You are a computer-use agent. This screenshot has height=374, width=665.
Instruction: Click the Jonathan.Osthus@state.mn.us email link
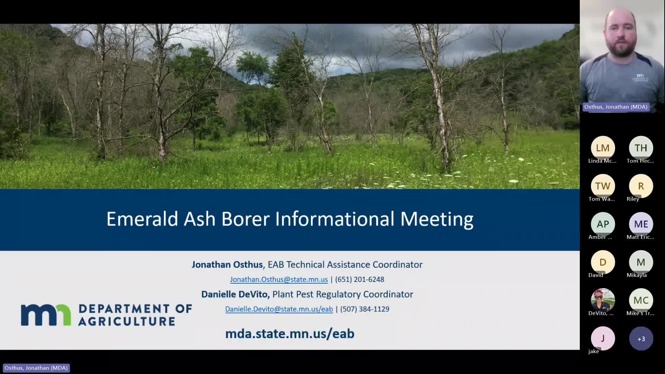point(279,279)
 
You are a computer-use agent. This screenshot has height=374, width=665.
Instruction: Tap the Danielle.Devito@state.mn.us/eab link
point(279,309)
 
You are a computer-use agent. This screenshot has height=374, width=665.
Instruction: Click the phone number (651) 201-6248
point(360,279)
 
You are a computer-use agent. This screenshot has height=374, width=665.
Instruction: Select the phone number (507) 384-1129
point(365,309)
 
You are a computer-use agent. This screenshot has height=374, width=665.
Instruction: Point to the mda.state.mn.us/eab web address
point(290,334)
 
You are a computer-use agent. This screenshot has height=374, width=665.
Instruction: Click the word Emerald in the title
point(142,219)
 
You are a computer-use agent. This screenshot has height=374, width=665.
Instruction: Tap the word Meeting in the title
point(437,219)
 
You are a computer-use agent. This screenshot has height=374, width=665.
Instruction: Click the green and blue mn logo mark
point(46,315)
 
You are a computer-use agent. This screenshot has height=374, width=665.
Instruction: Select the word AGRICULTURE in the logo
point(127,321)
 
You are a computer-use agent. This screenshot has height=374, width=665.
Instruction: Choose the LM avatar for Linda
point(603,148)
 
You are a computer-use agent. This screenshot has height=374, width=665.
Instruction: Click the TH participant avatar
point(641,148)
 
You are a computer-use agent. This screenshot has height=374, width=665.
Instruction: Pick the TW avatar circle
point(603,186)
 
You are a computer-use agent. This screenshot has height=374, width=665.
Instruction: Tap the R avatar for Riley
point(641,186)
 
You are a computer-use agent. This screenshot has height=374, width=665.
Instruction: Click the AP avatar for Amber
point(603,224)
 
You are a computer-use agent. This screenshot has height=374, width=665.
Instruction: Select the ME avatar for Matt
point(641,224)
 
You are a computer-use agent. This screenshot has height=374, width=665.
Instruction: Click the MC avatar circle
point(641,300)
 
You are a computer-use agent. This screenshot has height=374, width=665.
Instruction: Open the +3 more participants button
point(641,339)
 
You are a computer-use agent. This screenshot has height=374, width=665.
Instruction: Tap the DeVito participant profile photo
point(603,300)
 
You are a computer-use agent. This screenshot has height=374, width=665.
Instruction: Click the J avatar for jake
point(603,338)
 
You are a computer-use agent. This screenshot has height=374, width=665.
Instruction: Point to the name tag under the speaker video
point(616,107)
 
